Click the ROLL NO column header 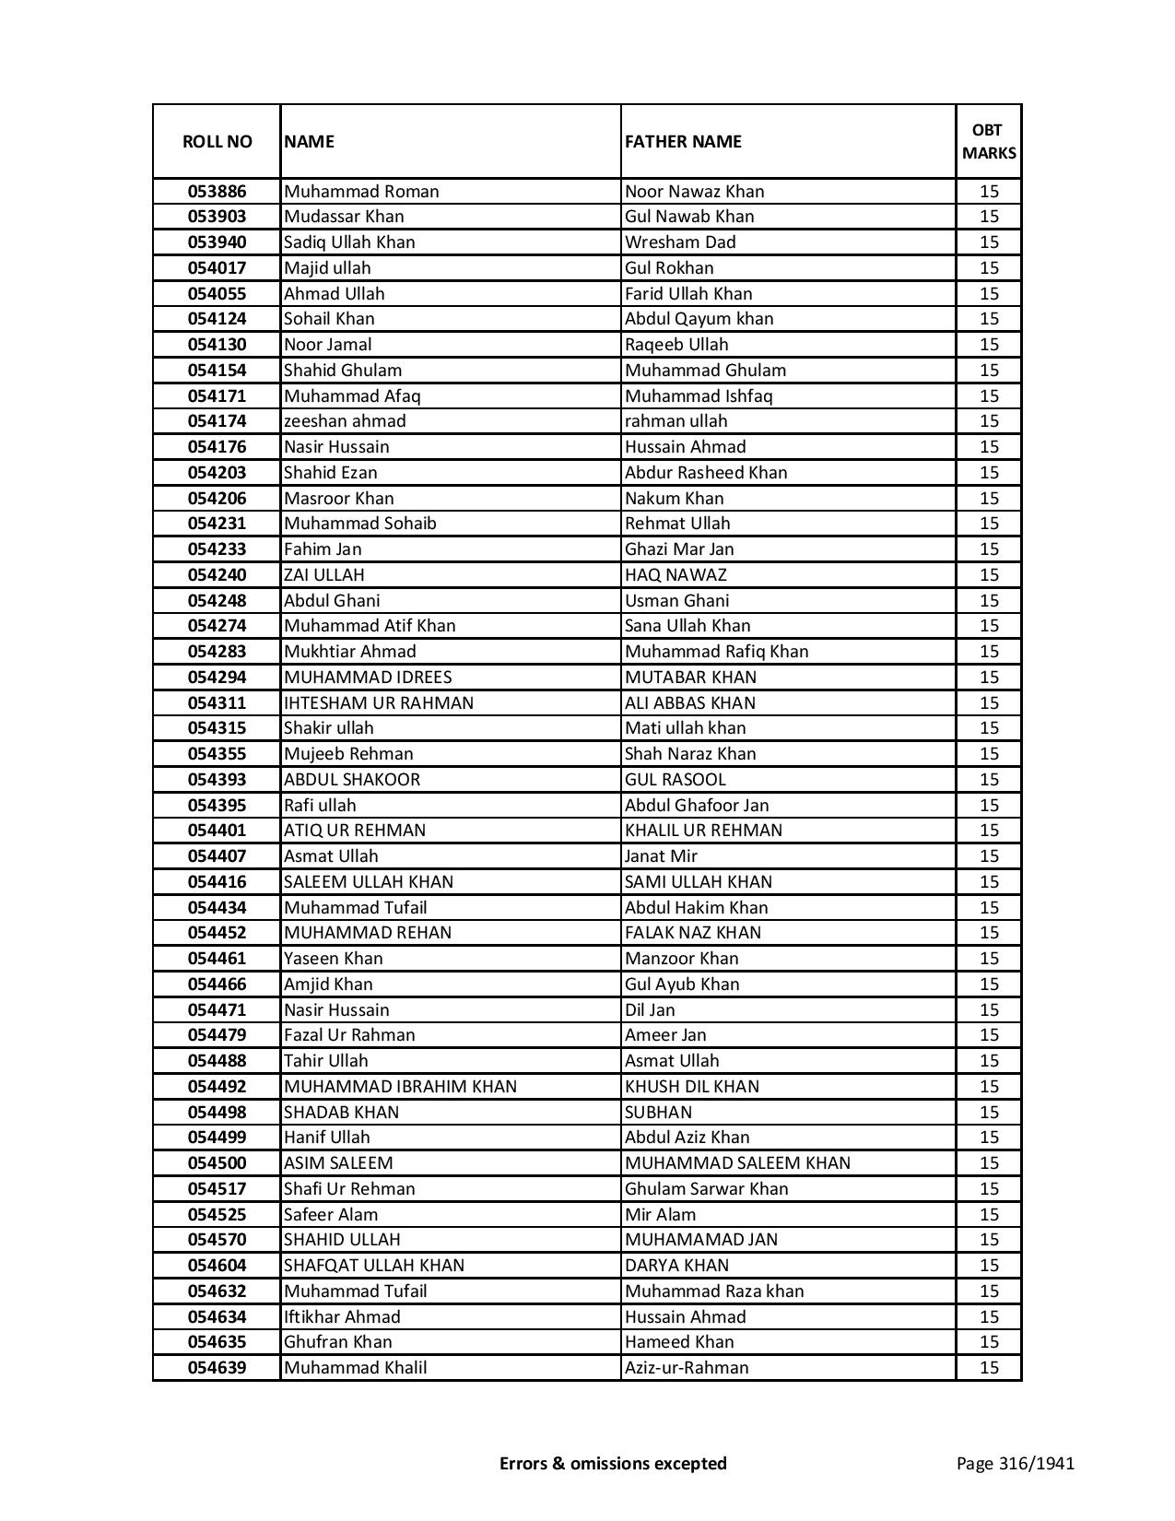click(217, 141)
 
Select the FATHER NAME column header click(683, 141)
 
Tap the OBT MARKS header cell click(989, 141)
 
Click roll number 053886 click(217, 192)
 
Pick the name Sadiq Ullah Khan click(349, 242)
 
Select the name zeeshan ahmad click(345, 421)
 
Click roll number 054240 click(217, 575)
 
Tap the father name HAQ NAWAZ click(676, 575)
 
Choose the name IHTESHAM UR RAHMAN click(379, 703)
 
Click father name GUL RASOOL click(676, 780)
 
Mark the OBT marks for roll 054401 click(989, 831)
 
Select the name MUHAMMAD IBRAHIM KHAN click(400, 1087)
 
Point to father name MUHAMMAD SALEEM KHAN click(737, 1163)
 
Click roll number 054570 click(217, 1240)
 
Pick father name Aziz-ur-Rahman click(687, 1368)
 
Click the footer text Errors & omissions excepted click(613, 1463)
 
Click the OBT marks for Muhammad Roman click(989, 192)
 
